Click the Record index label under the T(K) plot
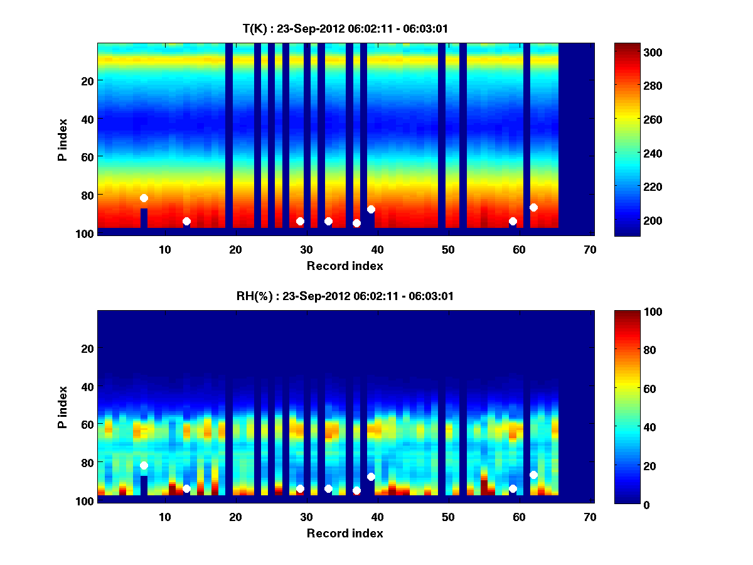point(344,266)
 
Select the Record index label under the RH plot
point(344,533)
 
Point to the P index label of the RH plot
point(62,407)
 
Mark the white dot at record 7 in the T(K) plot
point(144,198)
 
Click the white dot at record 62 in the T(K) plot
point(533,207)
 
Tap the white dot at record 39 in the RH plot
point(371,476)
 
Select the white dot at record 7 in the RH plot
point(144,465)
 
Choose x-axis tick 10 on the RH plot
point(164,517)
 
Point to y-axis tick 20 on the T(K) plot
point(87,80)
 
